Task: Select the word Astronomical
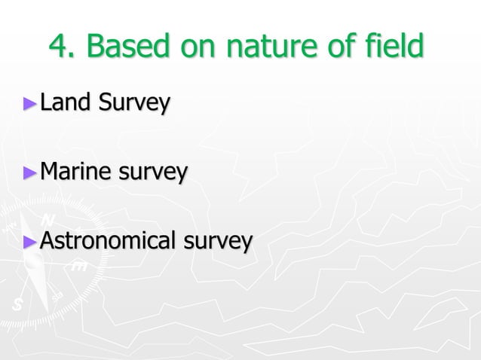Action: [105, 241]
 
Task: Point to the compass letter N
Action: [47, 220]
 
